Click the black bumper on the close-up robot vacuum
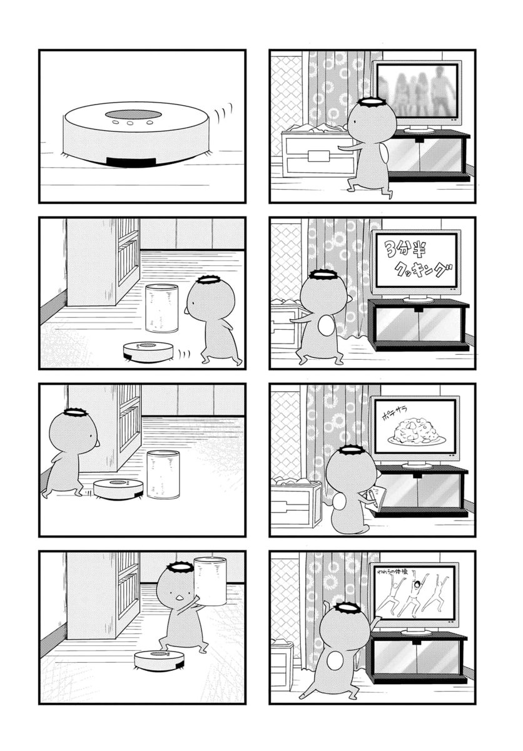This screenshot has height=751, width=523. click(131, 162)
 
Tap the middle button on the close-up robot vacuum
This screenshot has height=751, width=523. click(130, 123)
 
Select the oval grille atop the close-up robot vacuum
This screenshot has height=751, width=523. click(134, 115)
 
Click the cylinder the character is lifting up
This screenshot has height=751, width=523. click(210, 581)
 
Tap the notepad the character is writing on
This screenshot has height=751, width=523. click(375, 497)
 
